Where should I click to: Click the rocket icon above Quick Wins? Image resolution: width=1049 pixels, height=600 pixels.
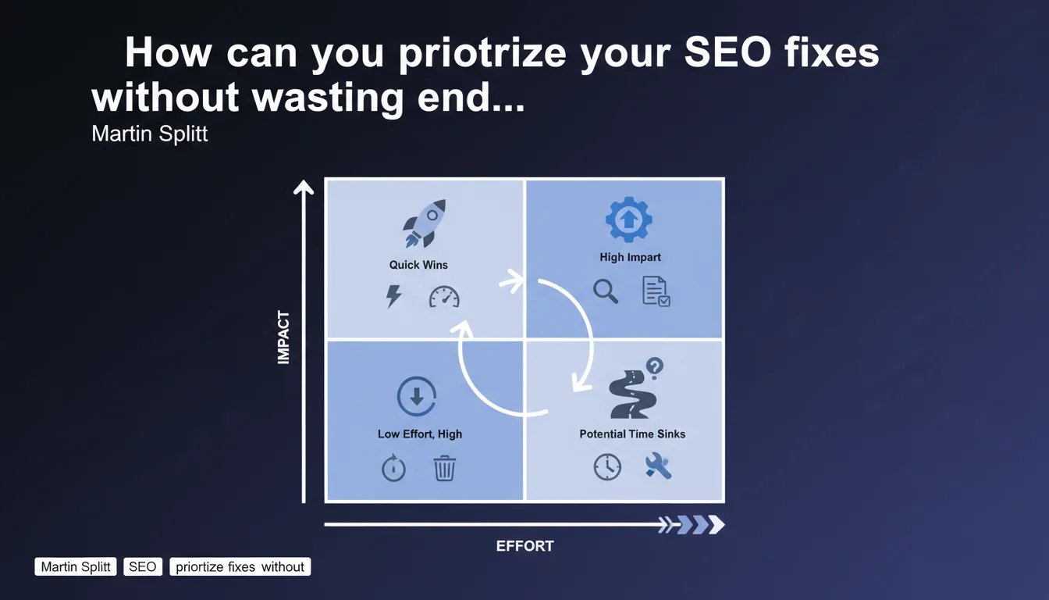click(x=425, y=223)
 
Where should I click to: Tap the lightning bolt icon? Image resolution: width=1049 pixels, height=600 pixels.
click(x=393, y=296)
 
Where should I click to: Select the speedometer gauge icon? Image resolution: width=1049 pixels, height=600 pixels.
click(x=444, y=297)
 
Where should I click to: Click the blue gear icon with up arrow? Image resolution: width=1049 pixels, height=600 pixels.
click(x=628, y=220)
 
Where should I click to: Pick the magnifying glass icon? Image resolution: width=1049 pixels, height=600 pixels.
click(x=606, y=291)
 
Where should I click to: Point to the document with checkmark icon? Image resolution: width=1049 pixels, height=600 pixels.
click(x=656, y=291)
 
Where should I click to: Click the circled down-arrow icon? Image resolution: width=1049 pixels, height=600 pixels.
click(x=417, y=396)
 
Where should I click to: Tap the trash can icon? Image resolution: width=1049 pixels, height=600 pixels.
click(x=444, y=468)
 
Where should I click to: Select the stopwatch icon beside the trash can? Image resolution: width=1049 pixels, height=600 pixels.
click(x=393, y=467)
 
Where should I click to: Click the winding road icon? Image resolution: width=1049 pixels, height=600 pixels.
click(x=633, y=395)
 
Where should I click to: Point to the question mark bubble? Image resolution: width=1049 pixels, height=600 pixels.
click(x=655, y=367)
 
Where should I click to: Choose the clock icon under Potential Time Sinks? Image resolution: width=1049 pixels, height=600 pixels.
click(x=607, y=467)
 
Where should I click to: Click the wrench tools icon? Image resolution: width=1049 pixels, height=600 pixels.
click(x=658, y=466)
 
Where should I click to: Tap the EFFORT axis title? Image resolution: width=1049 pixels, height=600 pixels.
click(x=525, y=546)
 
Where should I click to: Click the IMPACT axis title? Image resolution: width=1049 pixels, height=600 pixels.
click(x=284, y=337)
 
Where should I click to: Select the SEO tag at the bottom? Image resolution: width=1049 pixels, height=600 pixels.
click(x=143, y=566)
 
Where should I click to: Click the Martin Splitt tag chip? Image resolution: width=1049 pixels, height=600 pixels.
click(x=76, y=566)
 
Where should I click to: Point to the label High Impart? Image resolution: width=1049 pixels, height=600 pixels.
click(x=631, y=257)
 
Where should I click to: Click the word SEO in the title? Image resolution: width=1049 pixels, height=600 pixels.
click(x=727, y=52)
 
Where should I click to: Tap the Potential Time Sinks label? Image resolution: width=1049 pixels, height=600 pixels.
click(x=632, y=434)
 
